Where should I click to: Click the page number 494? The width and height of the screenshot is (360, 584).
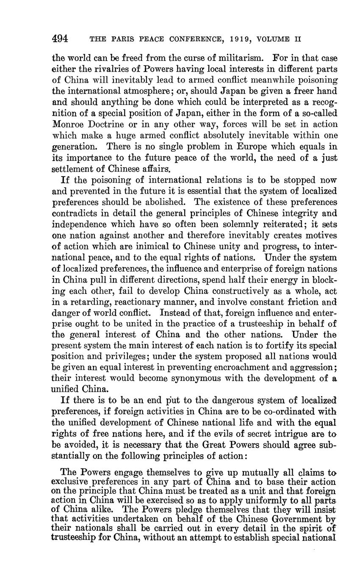click(x=60, y=39)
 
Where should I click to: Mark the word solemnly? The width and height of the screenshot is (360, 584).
click(x=236, y=224)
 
